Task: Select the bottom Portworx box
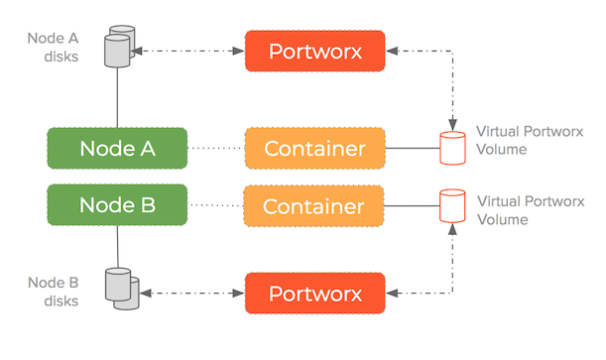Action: coord(314,295)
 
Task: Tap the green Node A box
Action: coord(117,149)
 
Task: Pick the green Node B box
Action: coord(117,206)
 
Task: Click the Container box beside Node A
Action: coord(314,149)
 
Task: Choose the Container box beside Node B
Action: coord(314,206)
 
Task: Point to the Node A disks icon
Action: coord(118,47)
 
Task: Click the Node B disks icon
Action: coord(118,288)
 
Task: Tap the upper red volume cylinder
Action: coord(453,149)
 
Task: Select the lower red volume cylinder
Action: coord(453,206)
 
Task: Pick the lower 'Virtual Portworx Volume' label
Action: coord(522,209)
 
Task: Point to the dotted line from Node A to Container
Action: coord(216,149)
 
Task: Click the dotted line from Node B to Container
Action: coord(216,206)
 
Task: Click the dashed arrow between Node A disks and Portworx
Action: coord(189,48)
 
